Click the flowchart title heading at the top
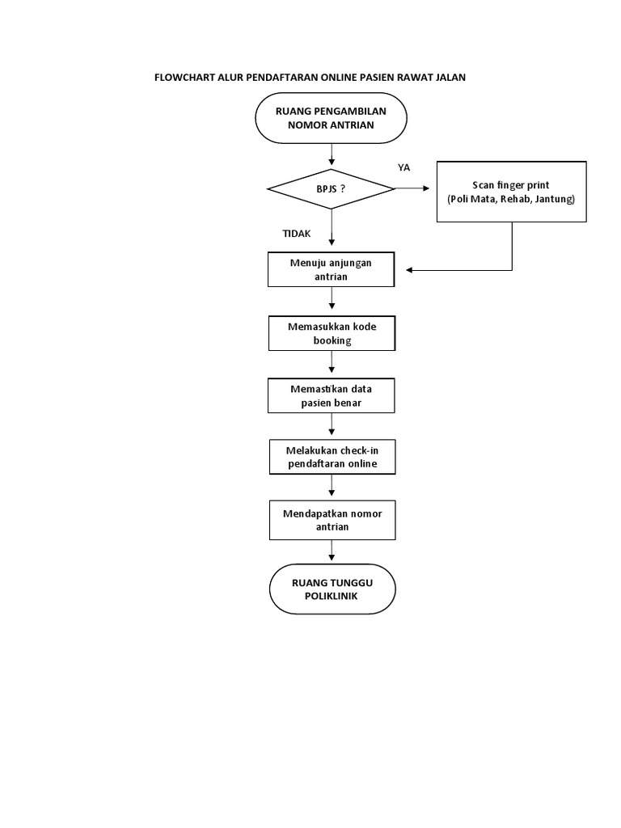click(x=310, y=78)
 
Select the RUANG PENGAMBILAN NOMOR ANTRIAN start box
click(x=331, y=118)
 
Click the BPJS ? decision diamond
click(x=331, y=188)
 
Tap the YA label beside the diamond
click(x=404, y=167)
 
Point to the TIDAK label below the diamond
click(x=296, y=234)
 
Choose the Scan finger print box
click(x=511, y=192)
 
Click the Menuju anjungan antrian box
click(x=331, y=270)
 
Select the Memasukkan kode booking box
click(x=331, y=333)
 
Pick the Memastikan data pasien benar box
click(x=331, y=395)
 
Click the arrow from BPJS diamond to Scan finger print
click(x=414, y=188)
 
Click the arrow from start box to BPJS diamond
click(x=332, y=154)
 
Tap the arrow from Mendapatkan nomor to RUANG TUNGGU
click(x=332, y=551)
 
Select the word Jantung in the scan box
click(x=554, y=199)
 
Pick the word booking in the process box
click(x=332, y=340)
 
